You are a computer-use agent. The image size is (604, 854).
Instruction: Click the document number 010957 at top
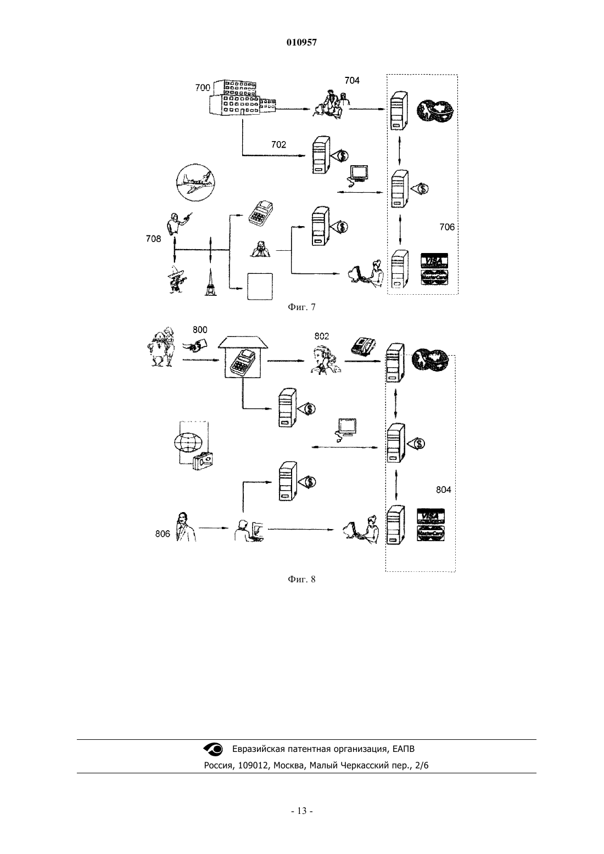pos(301,43)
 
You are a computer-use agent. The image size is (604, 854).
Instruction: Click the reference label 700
pos(203,87)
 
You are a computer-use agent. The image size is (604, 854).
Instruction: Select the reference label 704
pos(351,81)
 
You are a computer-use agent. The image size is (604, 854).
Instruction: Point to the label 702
pos(278,144)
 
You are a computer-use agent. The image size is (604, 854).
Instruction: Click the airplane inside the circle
pos(195,182)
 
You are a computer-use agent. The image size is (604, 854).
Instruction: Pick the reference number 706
pos(447,227)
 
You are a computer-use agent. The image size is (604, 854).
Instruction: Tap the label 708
pos(153,239)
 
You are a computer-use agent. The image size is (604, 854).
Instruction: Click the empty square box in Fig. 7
pos(260,286)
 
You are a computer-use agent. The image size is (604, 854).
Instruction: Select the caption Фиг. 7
pos(301,307)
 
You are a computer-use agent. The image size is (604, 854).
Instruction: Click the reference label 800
pos(200,330)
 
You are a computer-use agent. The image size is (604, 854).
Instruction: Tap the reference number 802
pos(321,336)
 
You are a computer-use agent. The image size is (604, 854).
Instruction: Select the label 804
pos(444,490)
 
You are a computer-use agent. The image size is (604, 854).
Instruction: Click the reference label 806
pos(163,534)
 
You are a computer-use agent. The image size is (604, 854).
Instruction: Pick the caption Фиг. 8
pos(301,579)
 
